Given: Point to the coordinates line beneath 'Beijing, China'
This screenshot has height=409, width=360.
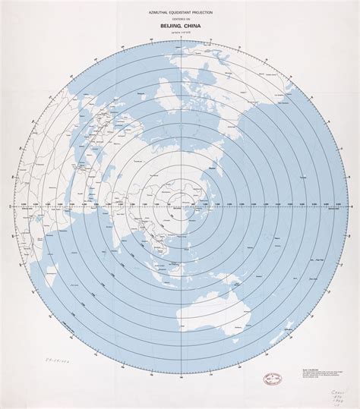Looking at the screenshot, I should pyautogui.click(x=179, y=35).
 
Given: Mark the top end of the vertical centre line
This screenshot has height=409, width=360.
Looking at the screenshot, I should pyautogui.click(x=179, y=44).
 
